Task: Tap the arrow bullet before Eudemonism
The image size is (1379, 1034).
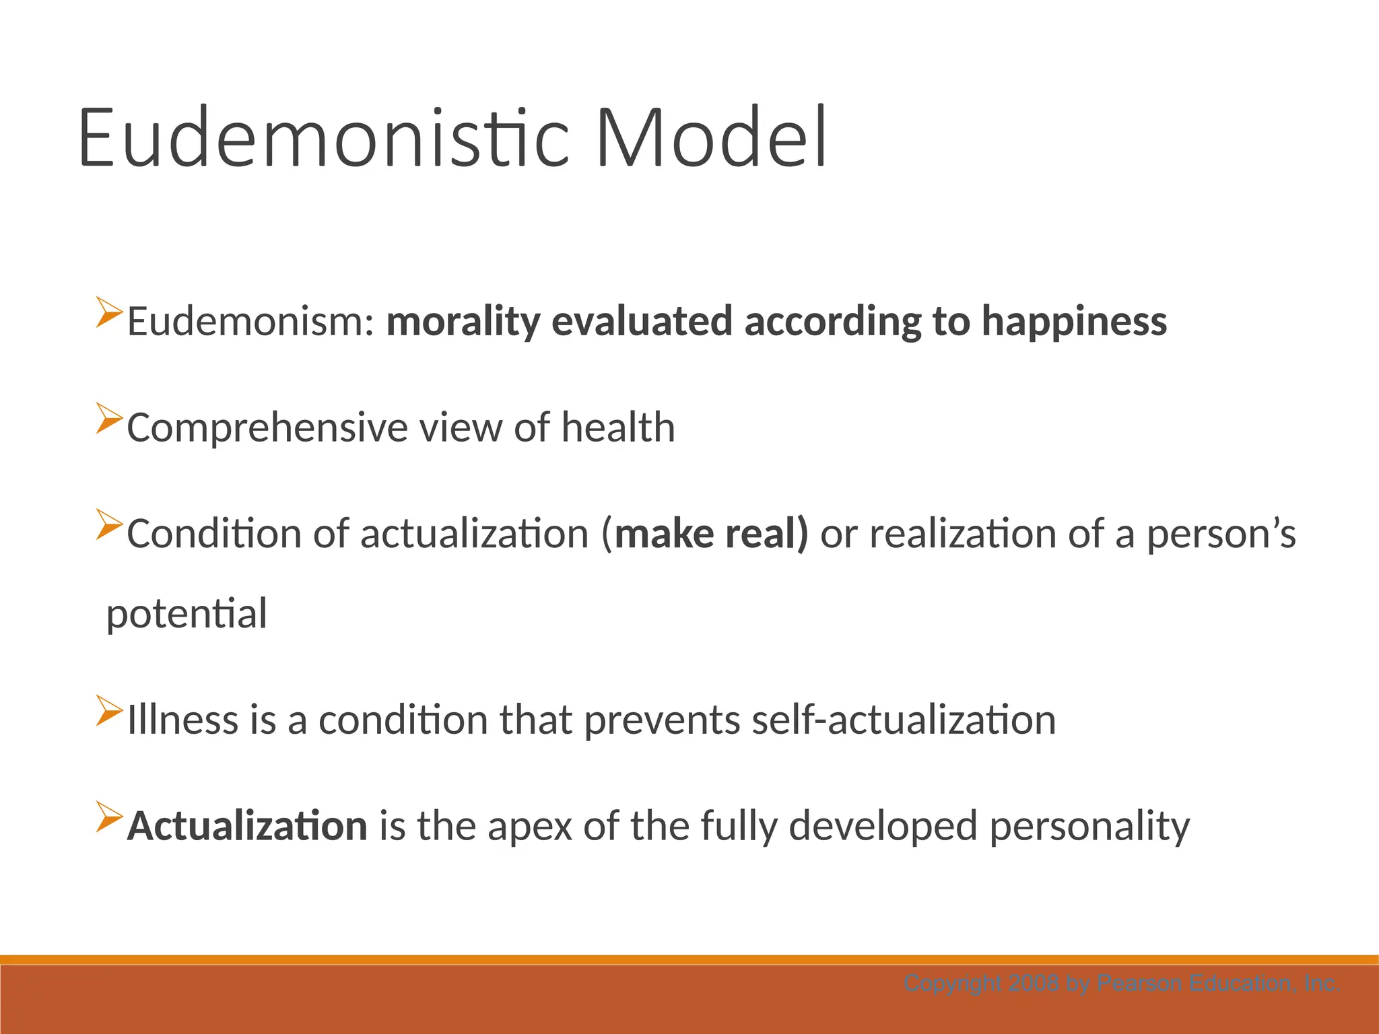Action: point(109,312)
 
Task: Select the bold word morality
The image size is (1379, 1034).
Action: point(463,322)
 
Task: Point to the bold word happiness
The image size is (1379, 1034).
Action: point(1074,322)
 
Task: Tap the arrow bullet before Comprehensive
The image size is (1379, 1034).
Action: point(109,419)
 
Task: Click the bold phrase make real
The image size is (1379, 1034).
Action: point(711,534)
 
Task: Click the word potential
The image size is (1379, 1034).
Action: point(187,615)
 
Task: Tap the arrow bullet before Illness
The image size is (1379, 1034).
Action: point(109,711)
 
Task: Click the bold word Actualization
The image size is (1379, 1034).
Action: point(247,826)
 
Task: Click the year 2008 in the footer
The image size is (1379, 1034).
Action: point(1034,984)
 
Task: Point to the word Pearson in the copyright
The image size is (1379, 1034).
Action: point(1140,984)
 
